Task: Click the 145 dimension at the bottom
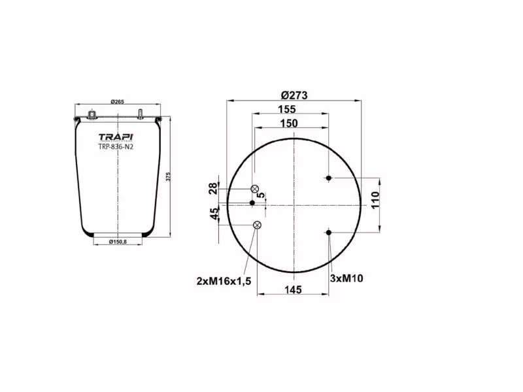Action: pos(293,289)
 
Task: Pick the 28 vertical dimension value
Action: pos(213,189)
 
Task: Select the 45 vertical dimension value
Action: pos(213,215)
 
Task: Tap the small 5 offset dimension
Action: pos(261,195)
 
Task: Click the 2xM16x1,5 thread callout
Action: pos(224,280)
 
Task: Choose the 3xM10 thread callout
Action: pos(346,278)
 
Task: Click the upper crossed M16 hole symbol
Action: pos(256,189)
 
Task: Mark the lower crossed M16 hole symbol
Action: pos(257,226)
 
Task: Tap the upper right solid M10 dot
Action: pos(329,178)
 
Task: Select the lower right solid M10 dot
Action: pos(329,232)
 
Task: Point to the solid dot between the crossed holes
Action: pos(252,203)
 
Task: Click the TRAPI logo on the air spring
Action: pos(116,137)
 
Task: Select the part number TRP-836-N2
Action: pos(116,147)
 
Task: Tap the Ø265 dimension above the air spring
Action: pos(118,101)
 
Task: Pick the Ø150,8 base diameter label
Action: pos(117,242)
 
